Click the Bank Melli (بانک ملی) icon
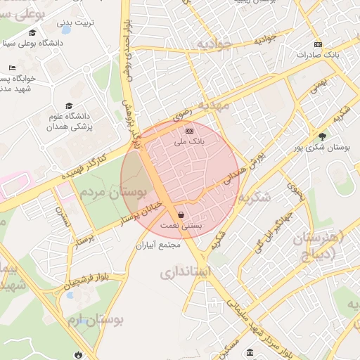pos(188,131)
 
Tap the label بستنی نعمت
pos(181,226)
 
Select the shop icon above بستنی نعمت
pos(181,214)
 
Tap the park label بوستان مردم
pos(109,192)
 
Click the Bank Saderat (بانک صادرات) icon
pos(319,44)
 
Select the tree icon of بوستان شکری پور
pos(322,136)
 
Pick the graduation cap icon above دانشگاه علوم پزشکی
pos(68,105)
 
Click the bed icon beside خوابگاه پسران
pos(13,67)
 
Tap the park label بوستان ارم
pos(96,321)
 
